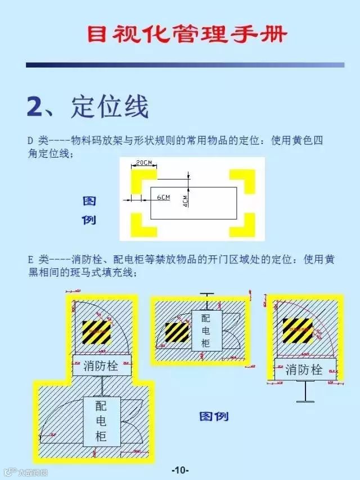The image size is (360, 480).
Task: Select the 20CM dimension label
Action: [x=144, y=163]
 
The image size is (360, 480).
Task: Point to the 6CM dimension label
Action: [x=163, y=198]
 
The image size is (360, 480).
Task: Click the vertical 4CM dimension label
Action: [x=186, y=201]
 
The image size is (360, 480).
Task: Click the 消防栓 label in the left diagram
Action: [x=101, y=366]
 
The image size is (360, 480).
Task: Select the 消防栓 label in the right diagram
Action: [x=304, y=370]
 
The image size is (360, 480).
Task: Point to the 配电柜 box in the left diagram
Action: [x=101, y=421]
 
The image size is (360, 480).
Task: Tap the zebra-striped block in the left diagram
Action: [x=96, y=332]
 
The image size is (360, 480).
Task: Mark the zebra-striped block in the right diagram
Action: [x=297, y=330]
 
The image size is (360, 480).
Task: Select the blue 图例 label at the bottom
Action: [x=214, y=416]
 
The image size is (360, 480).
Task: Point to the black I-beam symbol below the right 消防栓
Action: [x=304, y=391]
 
